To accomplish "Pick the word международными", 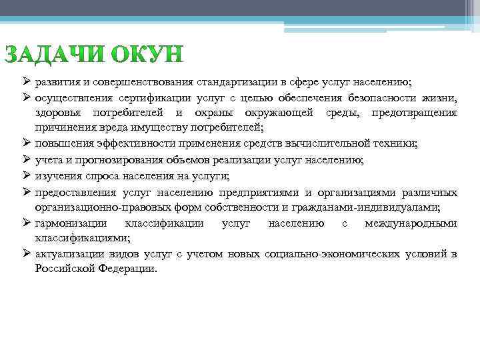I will (x=411, y=223).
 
